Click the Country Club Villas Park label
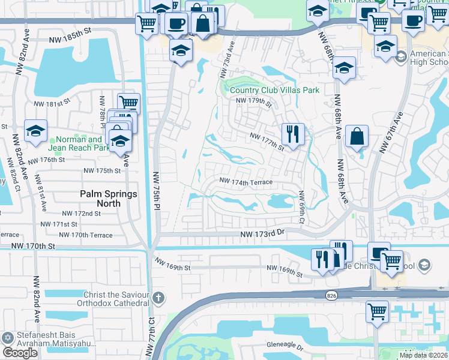pos(274,90)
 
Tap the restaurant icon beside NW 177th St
pos(293,133)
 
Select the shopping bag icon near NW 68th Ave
pos(357,136)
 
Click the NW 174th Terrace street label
pos(246,181)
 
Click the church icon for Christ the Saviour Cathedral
pos(158,297)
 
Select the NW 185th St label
pos(72,37)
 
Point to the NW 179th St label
pos(254,101)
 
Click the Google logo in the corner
pos(20,353)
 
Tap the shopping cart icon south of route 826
pos(378,311)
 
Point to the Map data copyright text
pos(423,355)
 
